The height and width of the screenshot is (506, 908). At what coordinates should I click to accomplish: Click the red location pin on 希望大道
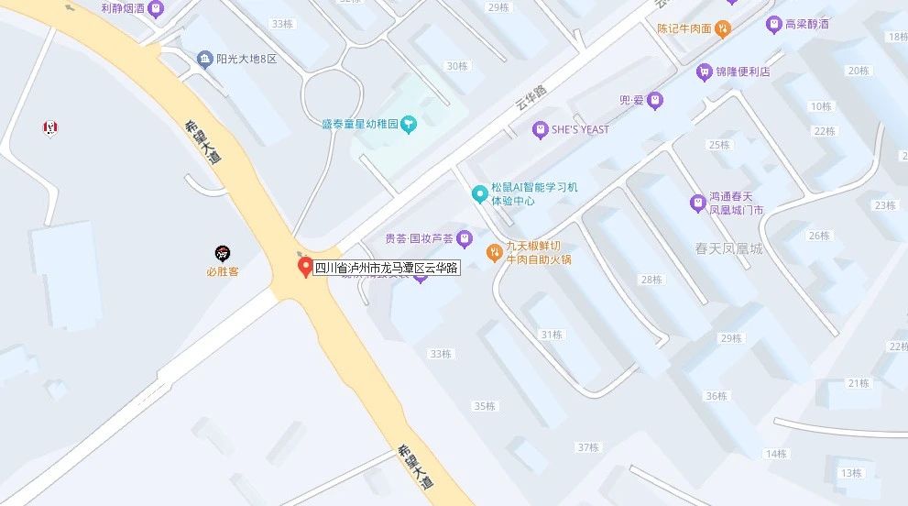coord(306,267)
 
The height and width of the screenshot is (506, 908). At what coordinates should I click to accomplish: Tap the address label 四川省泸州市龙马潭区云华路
coord(386,269)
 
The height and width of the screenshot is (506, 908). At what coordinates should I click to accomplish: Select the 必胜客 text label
coord(223,271)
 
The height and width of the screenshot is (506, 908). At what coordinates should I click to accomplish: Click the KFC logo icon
coord(49,127)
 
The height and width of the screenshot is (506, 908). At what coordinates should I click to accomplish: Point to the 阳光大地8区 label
coord(246,60)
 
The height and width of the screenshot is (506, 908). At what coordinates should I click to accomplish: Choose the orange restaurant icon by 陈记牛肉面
coord(723,28)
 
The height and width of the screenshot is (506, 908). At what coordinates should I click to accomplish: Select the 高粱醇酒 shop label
coord(807,24)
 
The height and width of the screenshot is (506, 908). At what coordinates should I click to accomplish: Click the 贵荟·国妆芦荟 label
coord(419,239)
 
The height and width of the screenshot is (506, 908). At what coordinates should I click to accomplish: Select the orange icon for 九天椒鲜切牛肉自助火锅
coord(493,248)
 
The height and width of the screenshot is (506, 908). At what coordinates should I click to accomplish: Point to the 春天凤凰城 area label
coord(728,249)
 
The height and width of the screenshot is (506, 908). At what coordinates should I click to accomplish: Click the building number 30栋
coord(455,66)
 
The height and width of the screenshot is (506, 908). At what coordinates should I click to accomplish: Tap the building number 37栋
coord(587,447)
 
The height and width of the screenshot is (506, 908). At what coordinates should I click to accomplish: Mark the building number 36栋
coord(716,396)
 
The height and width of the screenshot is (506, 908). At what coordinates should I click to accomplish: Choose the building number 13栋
coord(851,473)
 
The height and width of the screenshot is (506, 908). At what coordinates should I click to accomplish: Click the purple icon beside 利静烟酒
coord(157,9)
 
